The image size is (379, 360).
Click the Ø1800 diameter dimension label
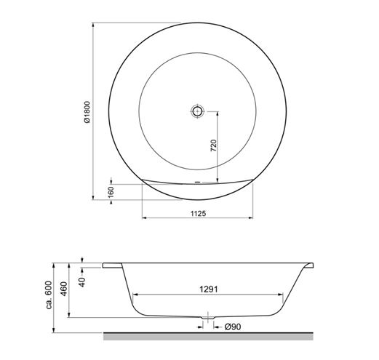tap(87, 112)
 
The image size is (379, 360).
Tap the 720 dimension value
tap(213, 145)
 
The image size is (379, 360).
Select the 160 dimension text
tap(111, 192)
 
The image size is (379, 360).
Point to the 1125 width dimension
tap(198, 214)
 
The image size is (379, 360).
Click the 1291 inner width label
tap(209, 289)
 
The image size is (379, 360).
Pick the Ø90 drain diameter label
tap(233, 327)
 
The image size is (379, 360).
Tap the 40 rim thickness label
tap(82, 282)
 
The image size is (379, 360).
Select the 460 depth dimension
tap(64, 289)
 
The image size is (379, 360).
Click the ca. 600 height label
tap(49, 295)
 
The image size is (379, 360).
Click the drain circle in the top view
tap(197, 111)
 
